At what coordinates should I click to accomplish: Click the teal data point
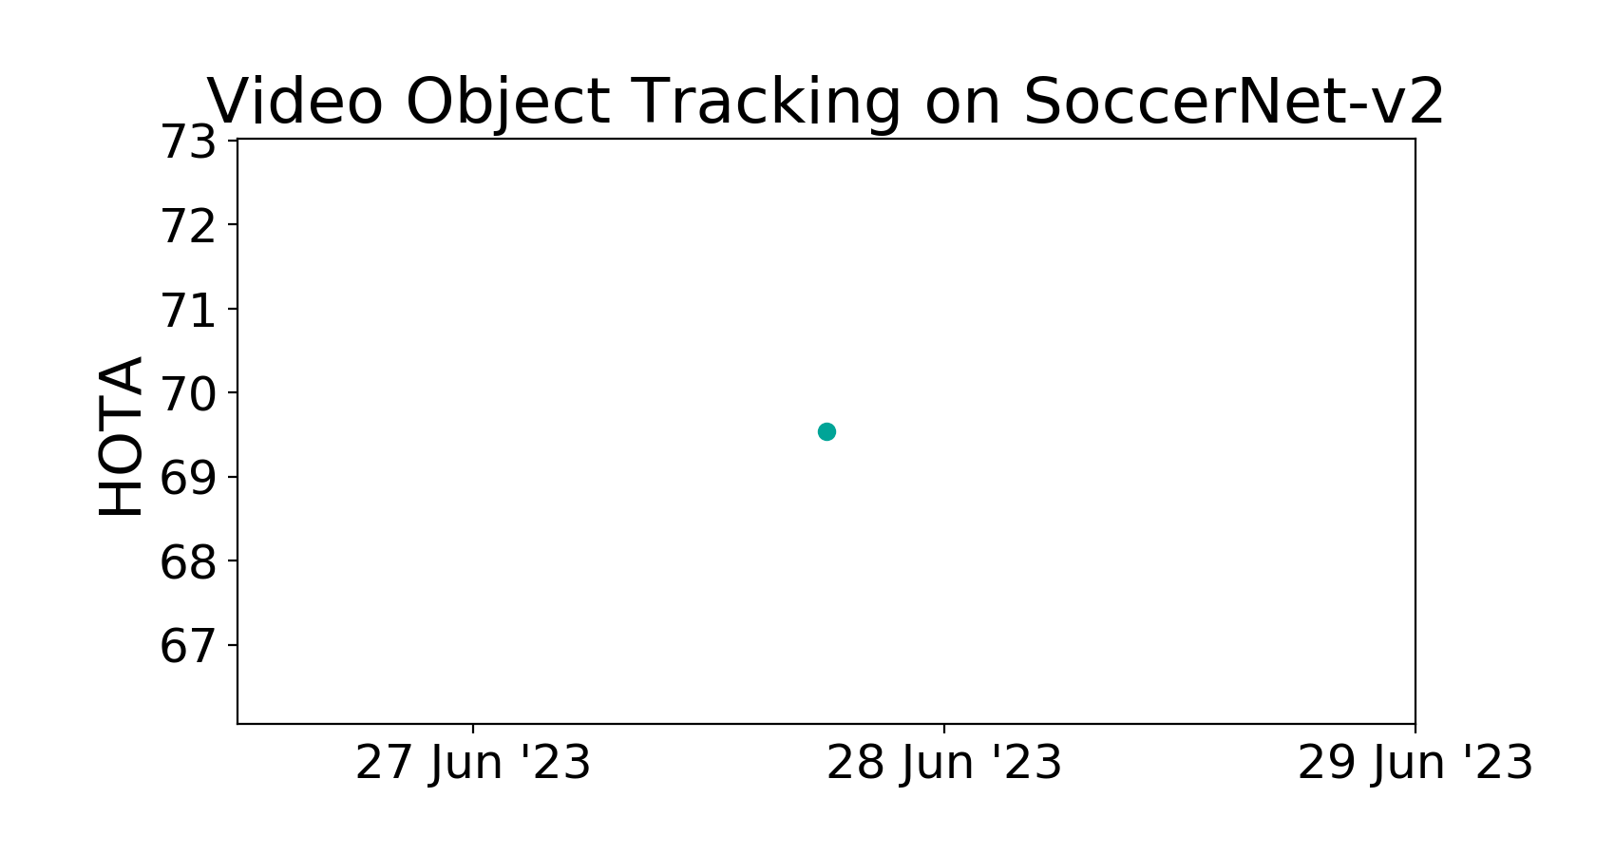pos(826,432)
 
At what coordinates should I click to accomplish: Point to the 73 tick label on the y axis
pos(187,142)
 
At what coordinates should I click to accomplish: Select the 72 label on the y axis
pos(187,226)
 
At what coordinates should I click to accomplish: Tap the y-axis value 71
pos(187,310)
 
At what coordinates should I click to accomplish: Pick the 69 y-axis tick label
pos(187,478)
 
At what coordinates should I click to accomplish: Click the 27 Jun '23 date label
pos(473,763)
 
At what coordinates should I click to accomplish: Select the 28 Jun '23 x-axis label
pos(944,763)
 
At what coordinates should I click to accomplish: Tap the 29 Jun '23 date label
pos(1415,763)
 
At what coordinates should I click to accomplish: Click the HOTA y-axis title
pos(121,436)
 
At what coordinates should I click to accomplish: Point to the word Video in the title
pos(295,102)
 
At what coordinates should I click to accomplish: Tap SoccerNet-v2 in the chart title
pos(1234,102)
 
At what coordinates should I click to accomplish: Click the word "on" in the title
pos(963,109)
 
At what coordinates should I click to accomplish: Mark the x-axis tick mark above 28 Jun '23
pos(944,728)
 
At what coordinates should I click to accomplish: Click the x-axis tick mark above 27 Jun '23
pos(473,728)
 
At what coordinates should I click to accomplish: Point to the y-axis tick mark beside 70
pos(232,392)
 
